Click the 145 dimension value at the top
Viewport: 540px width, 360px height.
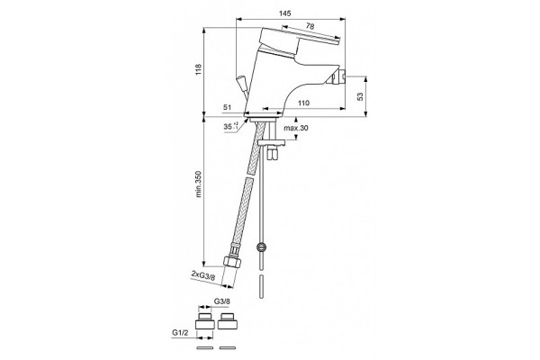pyautogui.click(x=284, y=13)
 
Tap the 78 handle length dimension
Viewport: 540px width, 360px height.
pyautogui.click(x=310, y=26)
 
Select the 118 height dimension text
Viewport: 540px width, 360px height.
pyautogui.click(x=199, y=70)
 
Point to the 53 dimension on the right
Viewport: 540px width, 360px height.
pyautogui.click(x=360, y=96)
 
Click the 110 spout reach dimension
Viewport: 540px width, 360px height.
pyautogui.click(x=303, y=103)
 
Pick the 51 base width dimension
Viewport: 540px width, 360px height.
pyautogui.click(x=227, y=107)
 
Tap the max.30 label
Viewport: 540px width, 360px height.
pyautogui.click(x=296, y=128)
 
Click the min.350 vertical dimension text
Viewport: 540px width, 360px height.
pyautogui.click(x=199, y=184)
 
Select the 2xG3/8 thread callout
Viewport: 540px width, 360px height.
pyautogui.click(x=203, y=276)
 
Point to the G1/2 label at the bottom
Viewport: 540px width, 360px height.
pyautogui.click(x=180, y=332)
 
